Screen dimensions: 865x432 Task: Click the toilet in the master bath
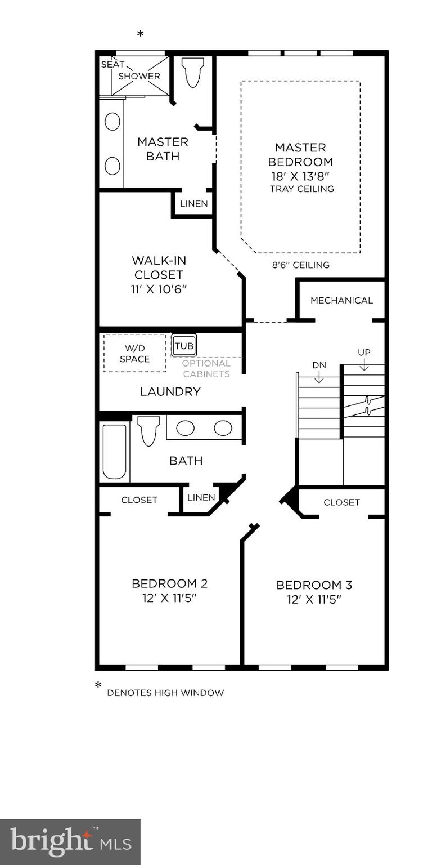click(x=193, y=73)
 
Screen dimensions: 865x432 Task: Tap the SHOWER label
click(x=139, y=76)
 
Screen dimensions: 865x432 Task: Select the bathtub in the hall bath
click(x=114, y=451)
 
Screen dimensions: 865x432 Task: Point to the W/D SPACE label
click(x=134, y=354)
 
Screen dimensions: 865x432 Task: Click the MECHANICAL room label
click(x=341, y=301)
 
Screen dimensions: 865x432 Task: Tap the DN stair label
click(x=319, y=365)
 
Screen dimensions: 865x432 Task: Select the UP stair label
click(x=364, y=353)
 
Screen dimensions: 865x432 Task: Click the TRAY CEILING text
click(x=301, y=189)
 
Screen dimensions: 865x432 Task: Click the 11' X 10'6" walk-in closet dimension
click(x=158, y=289)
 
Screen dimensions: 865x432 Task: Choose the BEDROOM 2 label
click(x=169, y=583)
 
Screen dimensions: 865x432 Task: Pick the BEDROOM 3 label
click(x=314, y=585)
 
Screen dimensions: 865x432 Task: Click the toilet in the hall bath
click(x=149, y=430)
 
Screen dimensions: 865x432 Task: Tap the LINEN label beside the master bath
click(x=193, y=204)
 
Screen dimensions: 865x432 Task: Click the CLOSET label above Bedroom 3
click(x=341, y=502)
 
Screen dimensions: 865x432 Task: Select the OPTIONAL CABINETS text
click(x=206, y=369)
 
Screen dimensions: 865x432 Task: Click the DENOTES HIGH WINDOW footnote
click(x=165, y=693)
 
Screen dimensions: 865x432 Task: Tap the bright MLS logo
click(x=70, y=842)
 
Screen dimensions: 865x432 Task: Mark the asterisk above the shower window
click(x=140, y=34)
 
